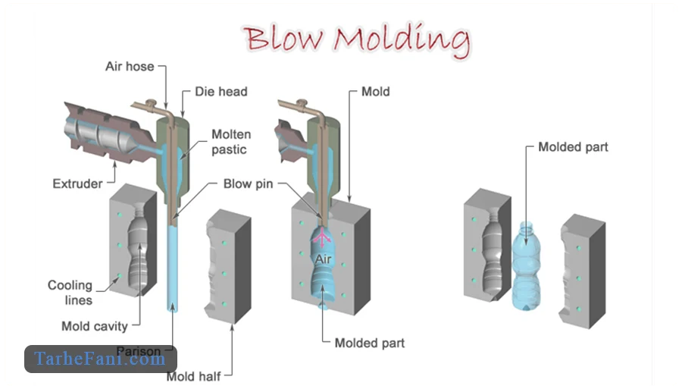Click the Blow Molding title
tap(355, 40)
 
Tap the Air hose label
tap(129, 67)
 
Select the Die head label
tap(221, 92)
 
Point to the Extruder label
tap(77, 184)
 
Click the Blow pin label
tap(248, 184)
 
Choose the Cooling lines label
tap(70, 293)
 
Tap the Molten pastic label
tap(230, 142)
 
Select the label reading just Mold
tap(375, 92)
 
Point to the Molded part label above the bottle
tap(573, 146)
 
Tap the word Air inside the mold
tap(324, 260)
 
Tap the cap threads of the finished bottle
tap(527, 225)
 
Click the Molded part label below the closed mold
tap(369, 343)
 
